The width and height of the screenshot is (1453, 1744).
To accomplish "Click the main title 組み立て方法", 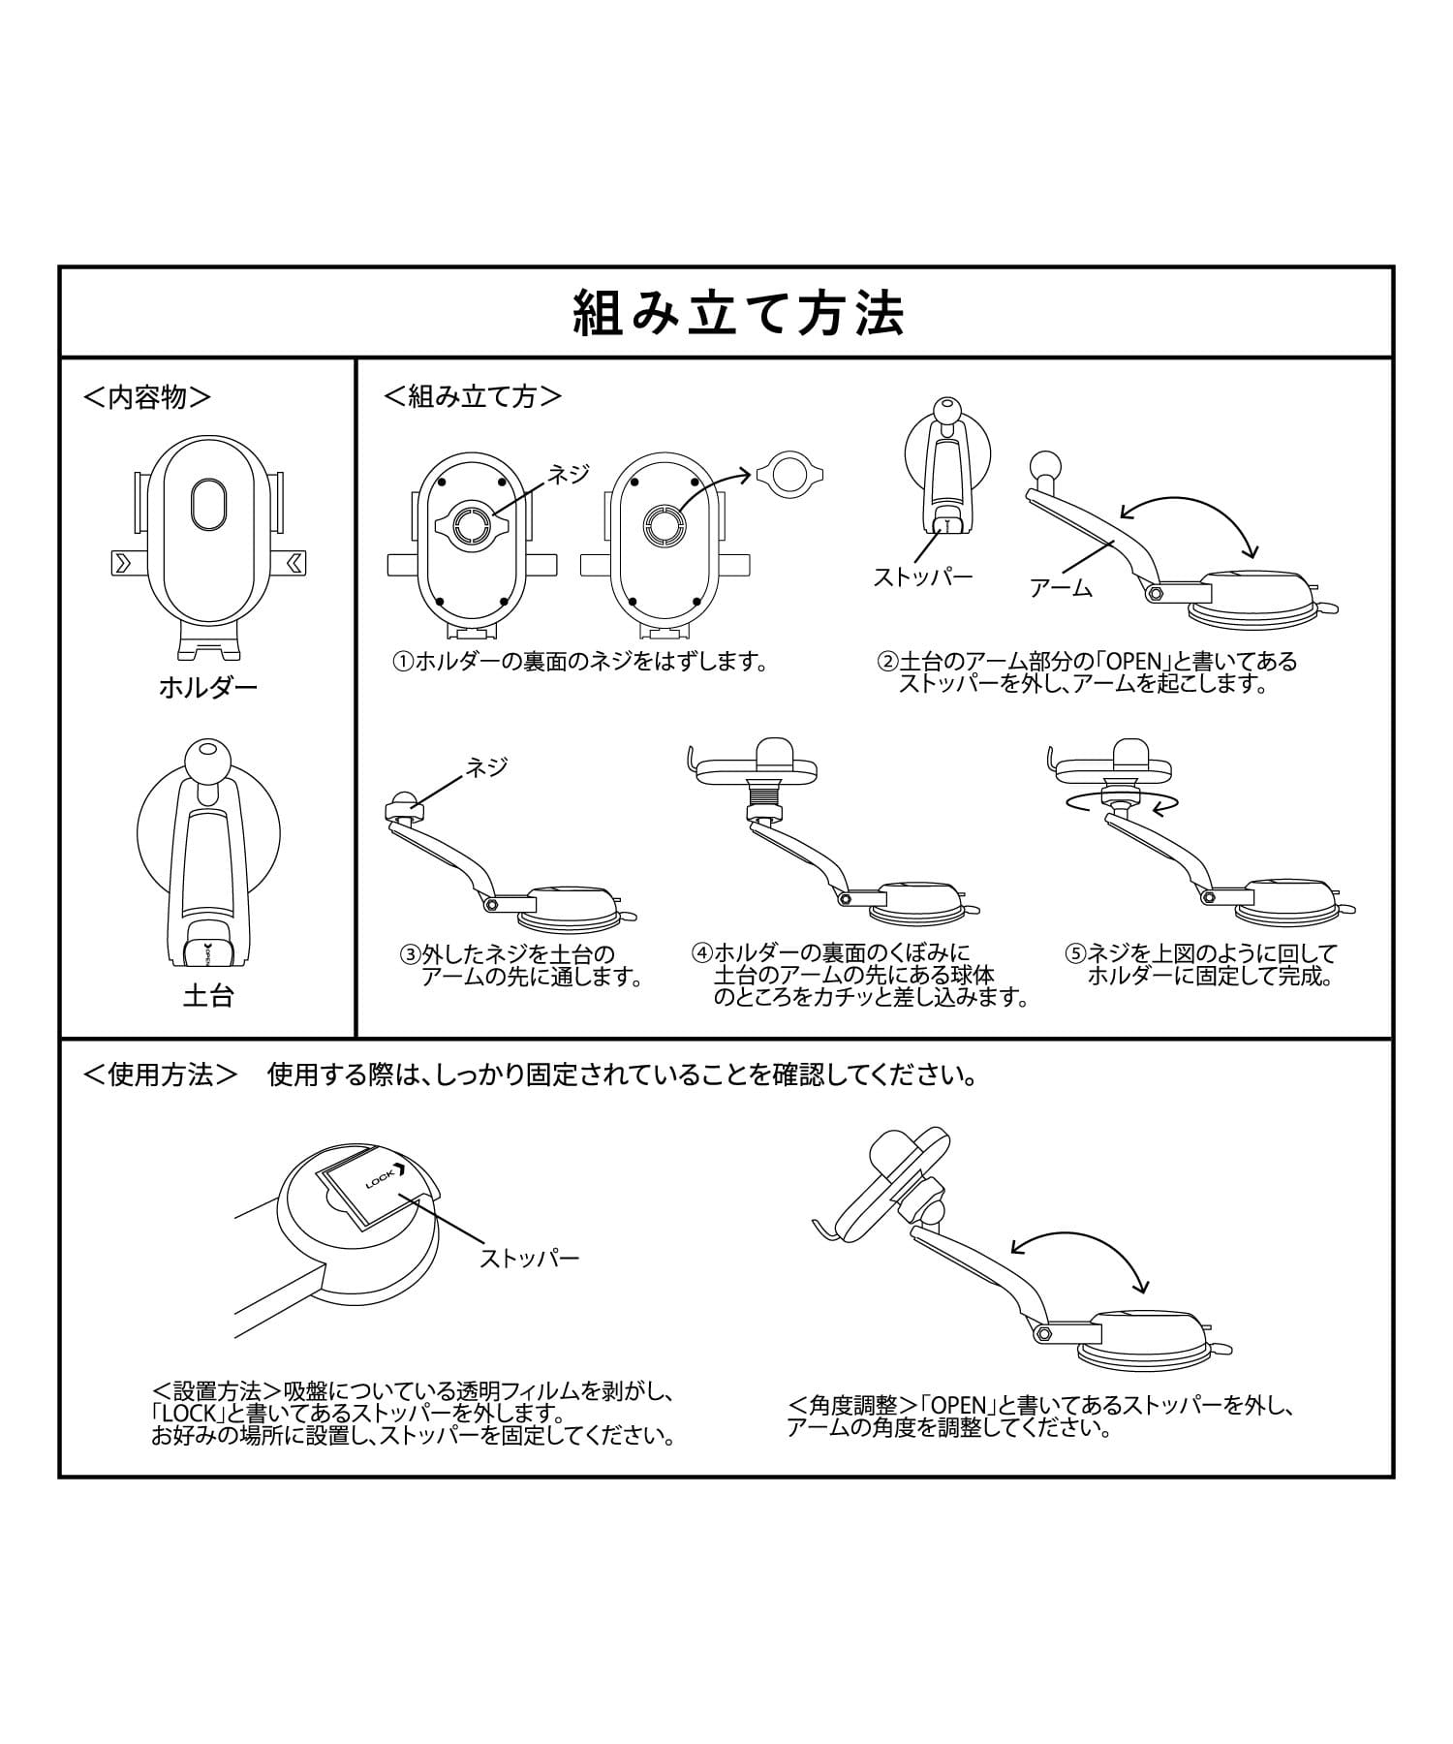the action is pyautogui.click(x=739, y=313).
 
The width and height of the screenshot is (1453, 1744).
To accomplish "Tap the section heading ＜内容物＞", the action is pyautogui.click(x=147, y=397).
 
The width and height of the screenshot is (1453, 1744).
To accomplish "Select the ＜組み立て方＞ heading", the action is pyautogui.click(x=473, y=396).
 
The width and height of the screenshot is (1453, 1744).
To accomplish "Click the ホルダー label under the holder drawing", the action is pyautogui.click(x=208, y=689).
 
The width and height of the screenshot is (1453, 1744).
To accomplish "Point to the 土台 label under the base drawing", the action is pyautogui.click(x=208, y=996).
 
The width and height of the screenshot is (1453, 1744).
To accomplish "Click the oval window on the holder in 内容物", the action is pyautogui.click(x=208, y=505).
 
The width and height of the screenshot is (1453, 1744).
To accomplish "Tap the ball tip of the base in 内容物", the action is pyautogui.click(x=203, y=757).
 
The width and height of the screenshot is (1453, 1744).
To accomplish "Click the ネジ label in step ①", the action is pyautogui.click(x=570, y=475).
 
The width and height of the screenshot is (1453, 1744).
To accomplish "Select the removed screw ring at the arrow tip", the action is pyautogui.click(x=791, y=475).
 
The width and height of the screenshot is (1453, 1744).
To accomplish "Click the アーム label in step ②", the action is pyautogui.click(x=1062, y=587).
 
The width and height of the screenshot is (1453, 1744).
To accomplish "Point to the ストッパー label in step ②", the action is pyautogui.click(x=923, y=577).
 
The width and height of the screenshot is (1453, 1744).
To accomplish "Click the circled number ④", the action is pyautogui.click(x=702, y=952).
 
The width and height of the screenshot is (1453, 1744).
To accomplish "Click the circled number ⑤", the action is pyautogui.click(x=1076, y=952).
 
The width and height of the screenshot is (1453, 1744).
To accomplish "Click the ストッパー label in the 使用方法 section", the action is pyautogui.click(x=530, y=1259).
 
